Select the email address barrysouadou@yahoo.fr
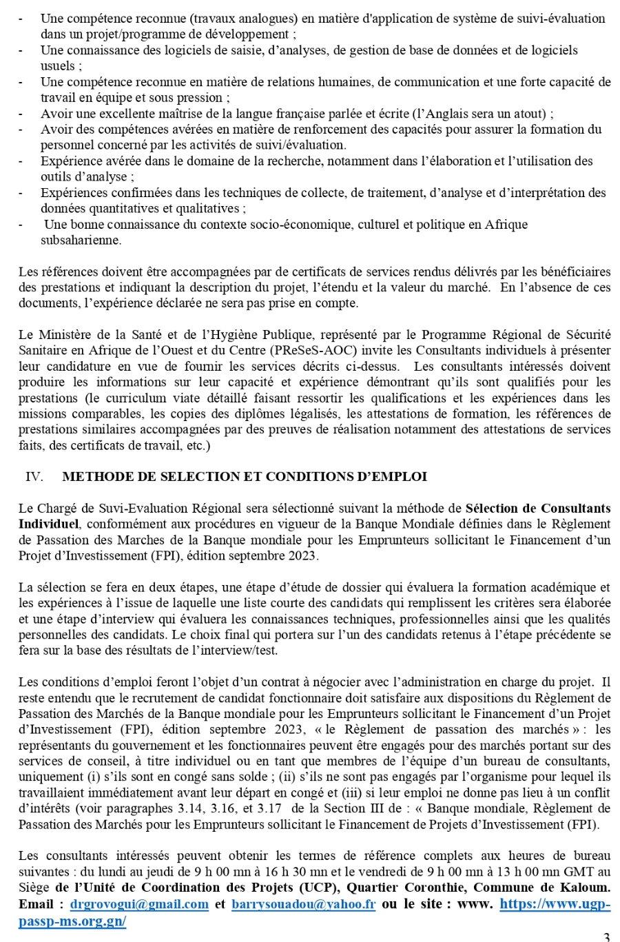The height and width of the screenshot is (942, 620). click(304, 904)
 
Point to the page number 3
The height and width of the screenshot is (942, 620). click(606, 936)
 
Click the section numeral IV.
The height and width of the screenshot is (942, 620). click(34, 477)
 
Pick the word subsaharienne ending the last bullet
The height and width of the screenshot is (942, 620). click(81, 240)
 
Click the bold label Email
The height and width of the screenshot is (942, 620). click(35, 904)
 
